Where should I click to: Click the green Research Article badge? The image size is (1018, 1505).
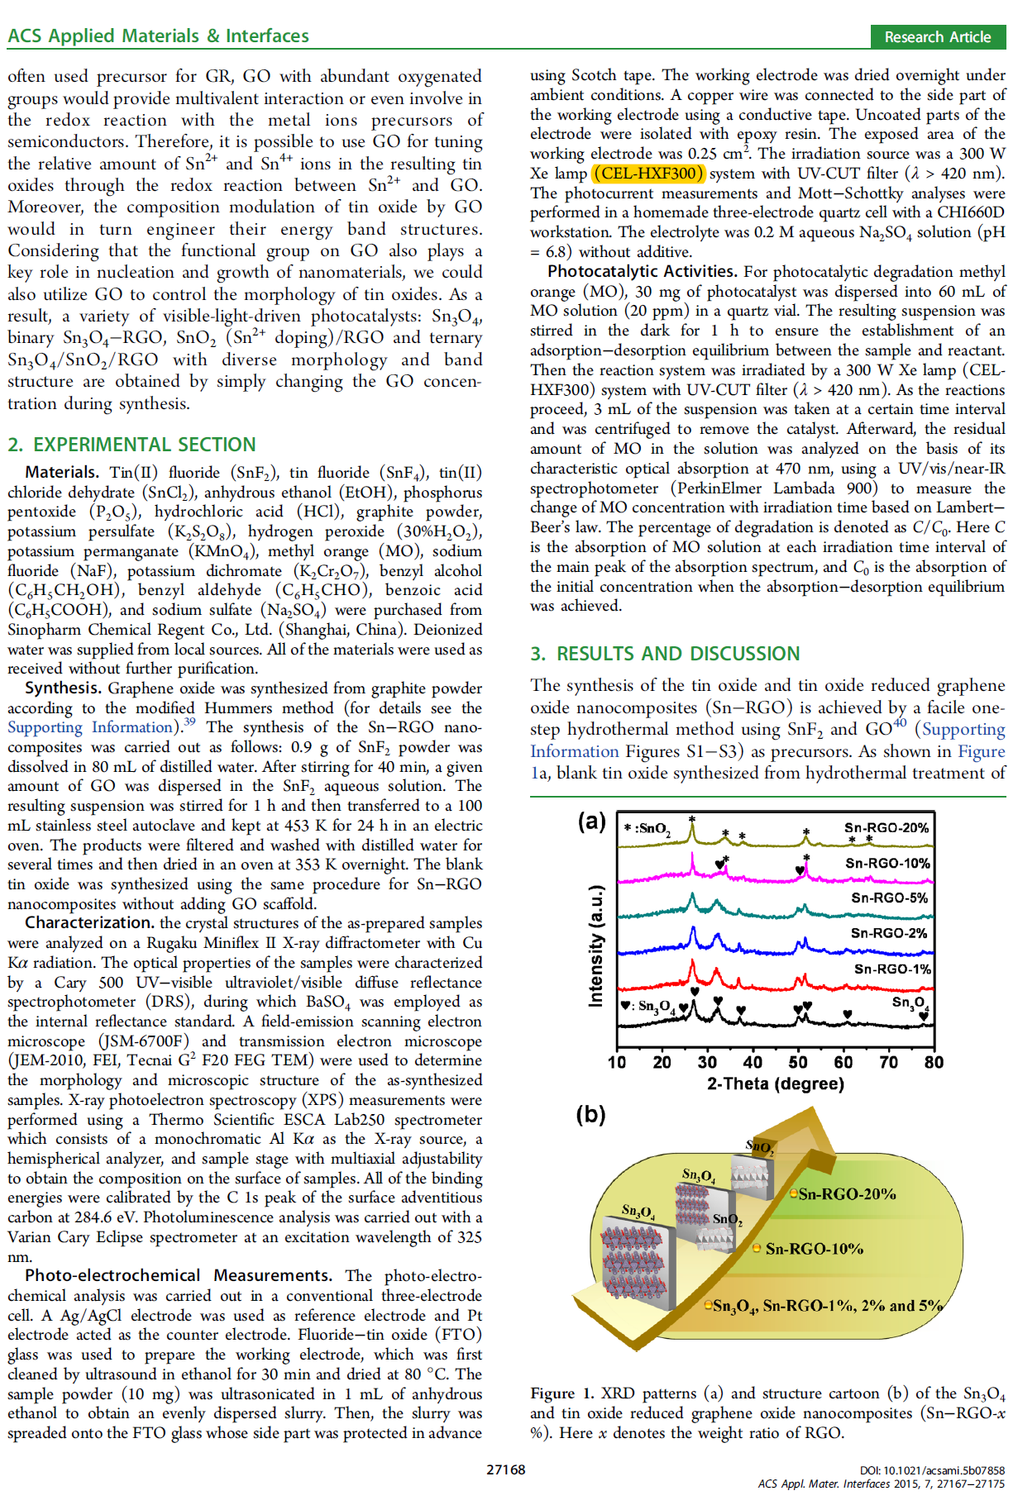click(937, 37)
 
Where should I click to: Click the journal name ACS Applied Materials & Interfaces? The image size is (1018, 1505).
click(158, 36)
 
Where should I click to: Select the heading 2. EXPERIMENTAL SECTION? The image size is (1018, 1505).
click(131, 445)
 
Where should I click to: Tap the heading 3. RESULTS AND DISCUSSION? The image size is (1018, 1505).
click(665, 654)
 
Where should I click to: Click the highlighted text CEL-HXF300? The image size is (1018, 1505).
click(649, 174)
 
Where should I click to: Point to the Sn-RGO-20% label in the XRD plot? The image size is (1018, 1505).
click(886, 827)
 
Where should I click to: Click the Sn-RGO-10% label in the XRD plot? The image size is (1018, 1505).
click(887, 863)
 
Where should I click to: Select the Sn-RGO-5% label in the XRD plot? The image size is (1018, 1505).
click(889, 898)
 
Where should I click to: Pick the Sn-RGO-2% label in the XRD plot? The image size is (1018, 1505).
click(889, 933)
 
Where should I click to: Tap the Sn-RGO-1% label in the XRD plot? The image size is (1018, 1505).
click(891, 969)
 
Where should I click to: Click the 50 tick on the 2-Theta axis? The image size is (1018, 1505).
click(798, 1062)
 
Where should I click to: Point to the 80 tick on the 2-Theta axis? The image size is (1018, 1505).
click(934, 1062)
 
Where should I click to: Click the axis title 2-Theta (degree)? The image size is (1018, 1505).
click(775, 1084)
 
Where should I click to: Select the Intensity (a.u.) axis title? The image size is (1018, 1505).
click(595, 946)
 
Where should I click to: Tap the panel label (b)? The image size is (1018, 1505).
click(590, 1115)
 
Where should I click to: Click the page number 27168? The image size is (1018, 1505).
click(505, 1469)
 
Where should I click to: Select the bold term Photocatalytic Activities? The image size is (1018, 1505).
click(642, 272)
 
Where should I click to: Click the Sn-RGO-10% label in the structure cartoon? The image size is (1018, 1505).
click(814, 1249)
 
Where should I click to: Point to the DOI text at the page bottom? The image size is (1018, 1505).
click(932, 1470)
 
